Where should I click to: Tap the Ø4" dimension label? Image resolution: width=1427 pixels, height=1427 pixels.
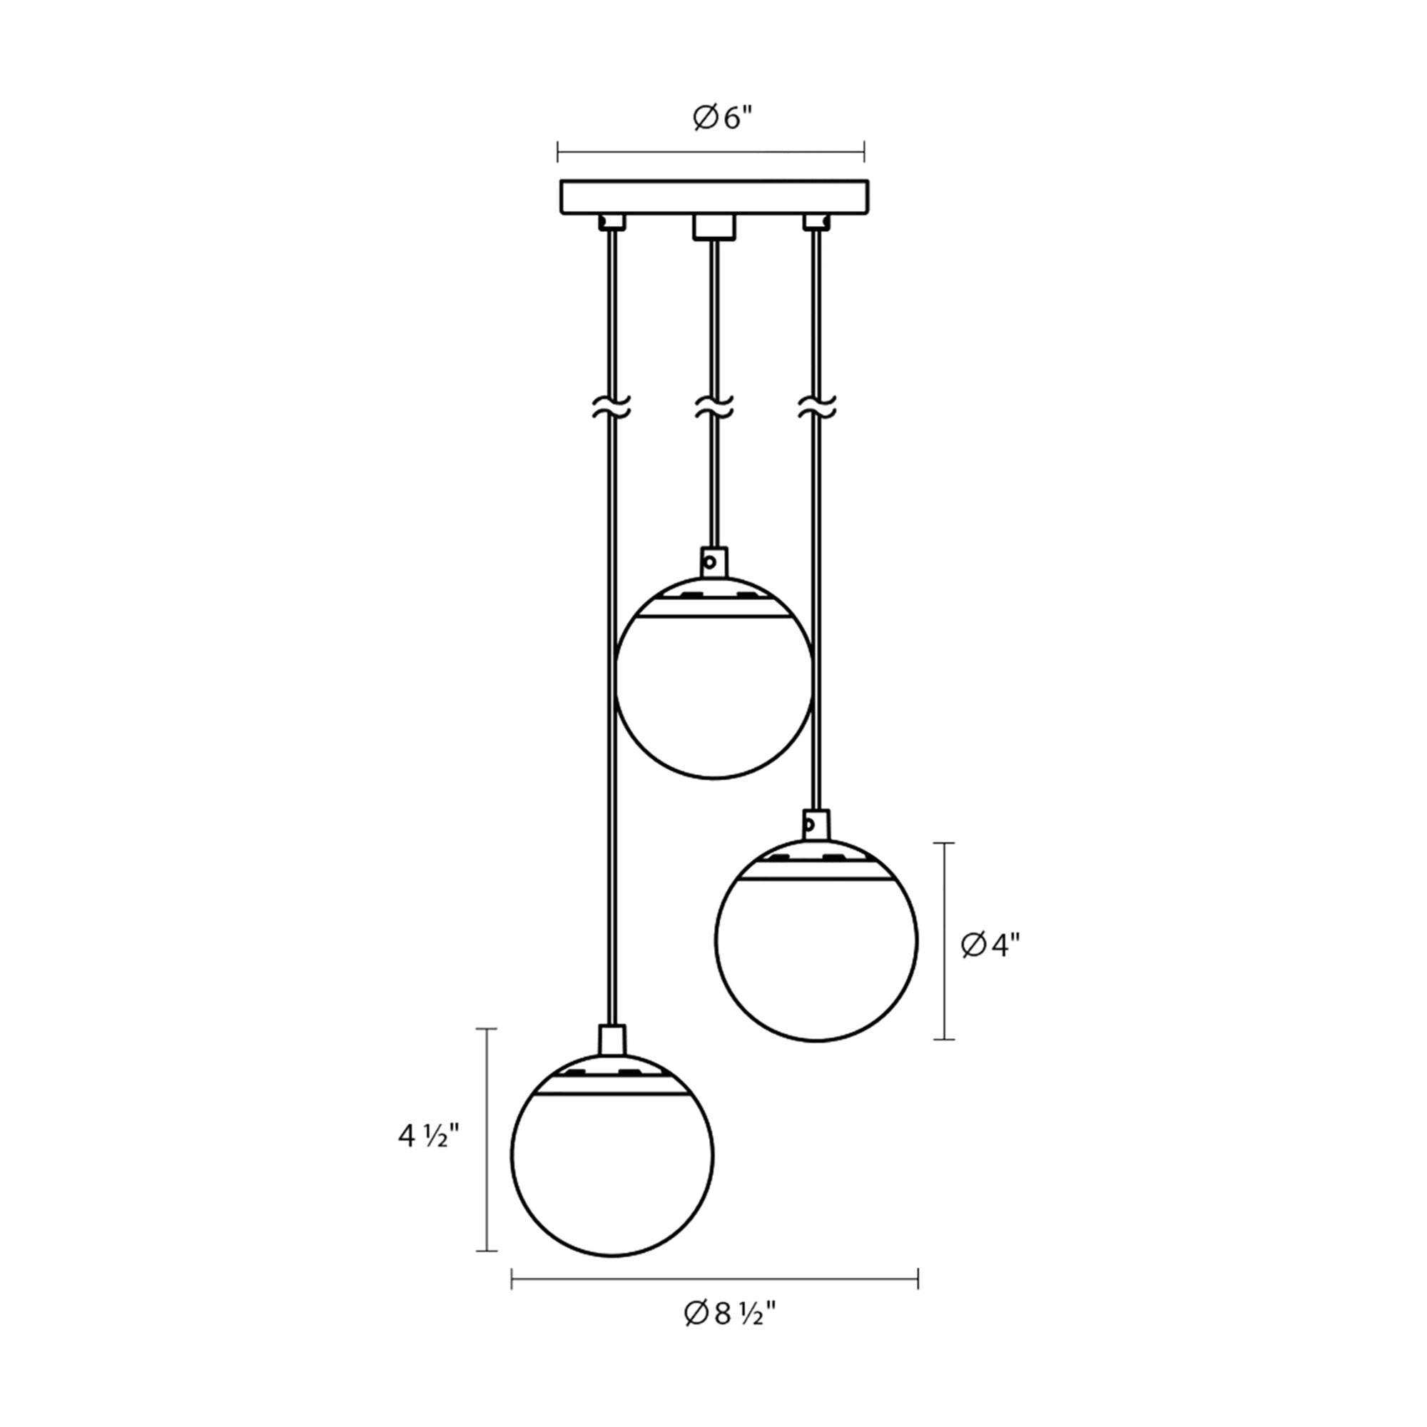(x=990, y=945)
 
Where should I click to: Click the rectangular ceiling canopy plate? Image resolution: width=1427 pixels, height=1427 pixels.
(x=714, y=196)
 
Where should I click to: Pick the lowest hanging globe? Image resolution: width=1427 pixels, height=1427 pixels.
(x=612, y=1155)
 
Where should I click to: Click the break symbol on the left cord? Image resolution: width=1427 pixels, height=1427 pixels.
(x=611, y=407)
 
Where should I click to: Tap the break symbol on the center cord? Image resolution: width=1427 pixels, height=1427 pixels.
(x=714, y=407)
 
